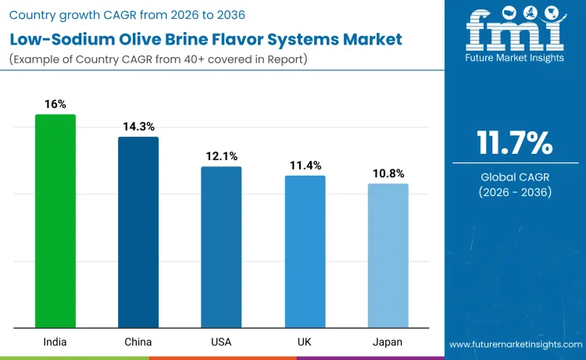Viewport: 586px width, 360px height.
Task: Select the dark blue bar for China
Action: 138,232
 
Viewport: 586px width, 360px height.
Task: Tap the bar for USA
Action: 221,247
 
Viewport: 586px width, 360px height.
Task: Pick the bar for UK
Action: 305,251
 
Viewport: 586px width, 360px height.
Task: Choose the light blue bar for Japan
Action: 388,255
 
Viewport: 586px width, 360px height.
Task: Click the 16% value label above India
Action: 55,104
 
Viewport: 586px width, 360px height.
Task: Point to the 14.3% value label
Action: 138,127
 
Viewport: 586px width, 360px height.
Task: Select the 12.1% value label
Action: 221,156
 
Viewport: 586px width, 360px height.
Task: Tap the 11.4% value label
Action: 305,166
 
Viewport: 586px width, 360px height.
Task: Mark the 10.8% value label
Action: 388,173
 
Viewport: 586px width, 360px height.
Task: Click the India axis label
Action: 55,342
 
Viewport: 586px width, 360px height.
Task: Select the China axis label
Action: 138,342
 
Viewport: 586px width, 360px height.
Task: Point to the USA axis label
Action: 221,342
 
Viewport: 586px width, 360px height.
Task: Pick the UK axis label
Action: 305,342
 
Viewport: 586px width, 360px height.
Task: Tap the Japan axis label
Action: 388,342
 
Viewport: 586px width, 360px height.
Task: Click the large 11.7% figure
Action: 515,144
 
